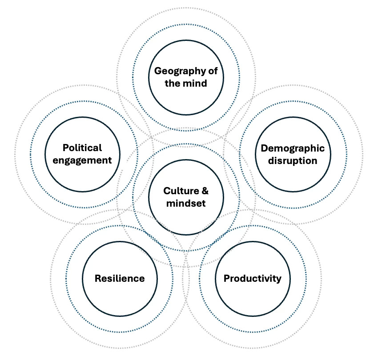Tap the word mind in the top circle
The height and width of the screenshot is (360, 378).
(196, 83)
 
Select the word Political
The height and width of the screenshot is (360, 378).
(82, 148)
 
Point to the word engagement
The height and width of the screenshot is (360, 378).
(82, 160)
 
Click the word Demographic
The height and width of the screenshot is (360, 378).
(292, 148)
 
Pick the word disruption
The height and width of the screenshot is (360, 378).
(292, 160)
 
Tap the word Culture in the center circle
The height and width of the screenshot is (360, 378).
(180, 191)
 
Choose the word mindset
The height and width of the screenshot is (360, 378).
(186, 204)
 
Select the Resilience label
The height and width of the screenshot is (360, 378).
(119, 279)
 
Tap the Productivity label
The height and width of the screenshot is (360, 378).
(252, 279)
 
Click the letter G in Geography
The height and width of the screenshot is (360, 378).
(157, 71)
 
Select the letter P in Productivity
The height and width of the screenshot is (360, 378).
(226, 279)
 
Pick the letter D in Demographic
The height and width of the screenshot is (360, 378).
(264, 148)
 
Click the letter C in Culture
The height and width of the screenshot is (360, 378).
(167, 191)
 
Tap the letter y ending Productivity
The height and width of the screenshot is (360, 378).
(278, 280)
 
